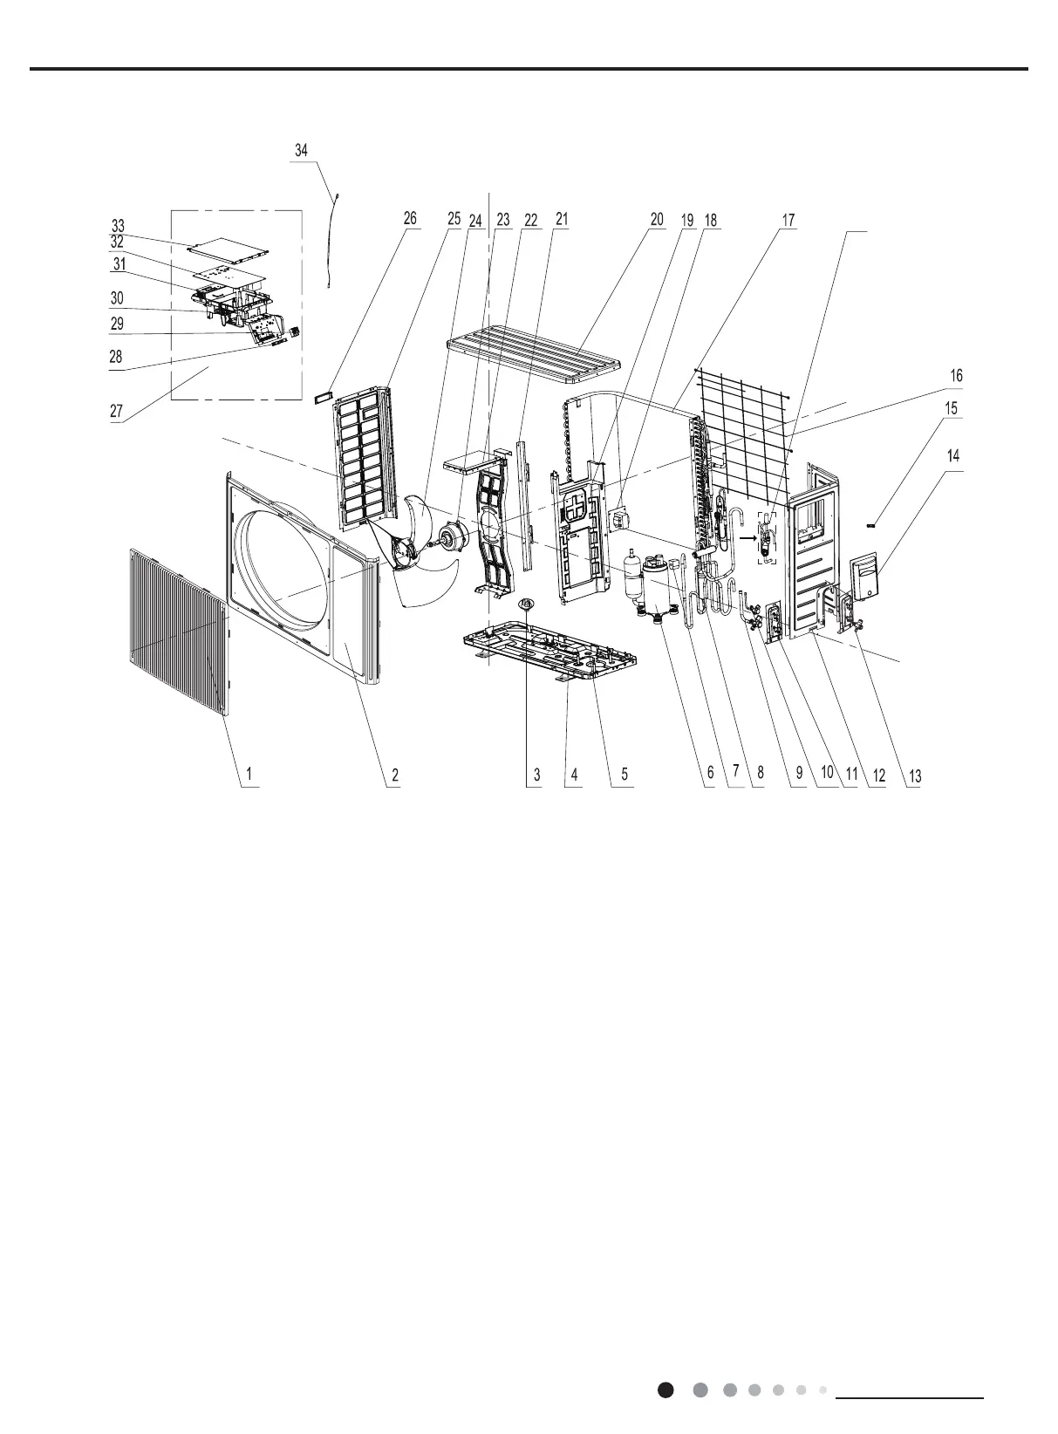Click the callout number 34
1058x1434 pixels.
(x=301, y=151)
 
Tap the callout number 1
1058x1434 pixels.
(x=249, y=774)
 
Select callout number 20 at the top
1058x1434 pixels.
(x=657, y=221)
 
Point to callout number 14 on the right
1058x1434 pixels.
(x=955, y=456)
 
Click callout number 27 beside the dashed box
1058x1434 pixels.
(x=116, y=412)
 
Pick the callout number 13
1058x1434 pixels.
(x=914, y=775)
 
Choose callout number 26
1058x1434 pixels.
(x=410, y=219)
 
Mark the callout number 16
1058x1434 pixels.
(x=956, y=376)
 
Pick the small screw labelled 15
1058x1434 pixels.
(x=871, y=525)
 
